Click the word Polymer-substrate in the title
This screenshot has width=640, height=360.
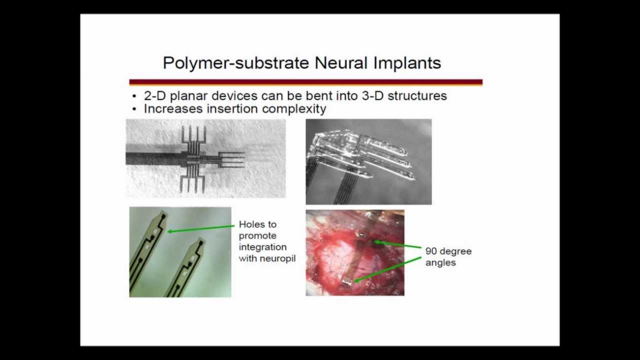(x=236, y=63)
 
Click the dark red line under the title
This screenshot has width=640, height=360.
(x=305, y=82)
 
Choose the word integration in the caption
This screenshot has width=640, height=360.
(x=262, y=247)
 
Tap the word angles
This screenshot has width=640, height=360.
(x=440, y=262)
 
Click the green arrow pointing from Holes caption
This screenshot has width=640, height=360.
(x=200, y=229)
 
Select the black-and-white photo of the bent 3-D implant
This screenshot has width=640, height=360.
(x=368, y=161)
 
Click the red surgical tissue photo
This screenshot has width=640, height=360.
(x=354, y=252)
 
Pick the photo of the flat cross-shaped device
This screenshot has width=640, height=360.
(x=205, y=158)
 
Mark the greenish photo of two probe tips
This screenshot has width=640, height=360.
(x=180, y=252)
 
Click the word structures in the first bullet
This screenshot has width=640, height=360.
(x=417, y=96)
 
